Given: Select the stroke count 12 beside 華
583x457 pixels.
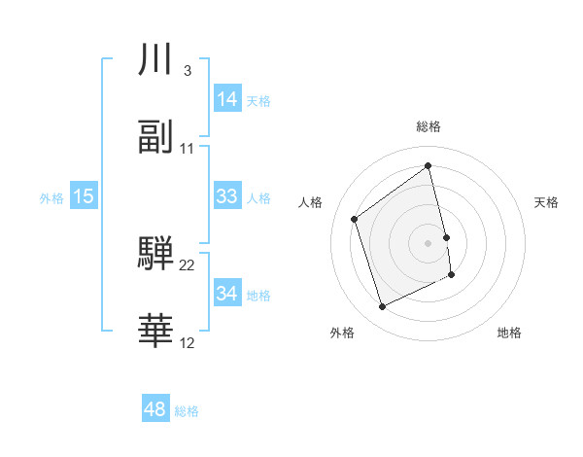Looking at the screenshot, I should [x=188, y=342].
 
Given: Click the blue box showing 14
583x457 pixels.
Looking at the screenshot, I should [x=227, y=99].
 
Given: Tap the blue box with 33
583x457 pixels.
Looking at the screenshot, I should [x=227, y=196].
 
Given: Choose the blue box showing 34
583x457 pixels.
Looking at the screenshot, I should [x=227, y=294].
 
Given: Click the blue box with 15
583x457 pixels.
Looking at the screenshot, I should [x=84, y=196].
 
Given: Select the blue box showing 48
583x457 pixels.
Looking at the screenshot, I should [x=155, y=409].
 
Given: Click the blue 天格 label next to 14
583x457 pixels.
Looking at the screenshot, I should [x=258, y=100].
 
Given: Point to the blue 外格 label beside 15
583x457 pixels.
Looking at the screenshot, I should [x=51, y=197].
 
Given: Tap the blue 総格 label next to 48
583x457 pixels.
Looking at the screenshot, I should [x=187, y=410].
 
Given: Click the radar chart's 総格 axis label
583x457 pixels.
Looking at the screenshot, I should [x=429, y=126].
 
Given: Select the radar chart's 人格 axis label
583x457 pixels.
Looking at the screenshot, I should [x=311, y=202].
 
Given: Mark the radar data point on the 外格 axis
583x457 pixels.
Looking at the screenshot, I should [x=382, y=307].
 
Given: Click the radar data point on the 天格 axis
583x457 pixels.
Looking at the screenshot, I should [x=446, y=237].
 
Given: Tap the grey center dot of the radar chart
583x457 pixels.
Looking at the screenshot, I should [x=429, y=242].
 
